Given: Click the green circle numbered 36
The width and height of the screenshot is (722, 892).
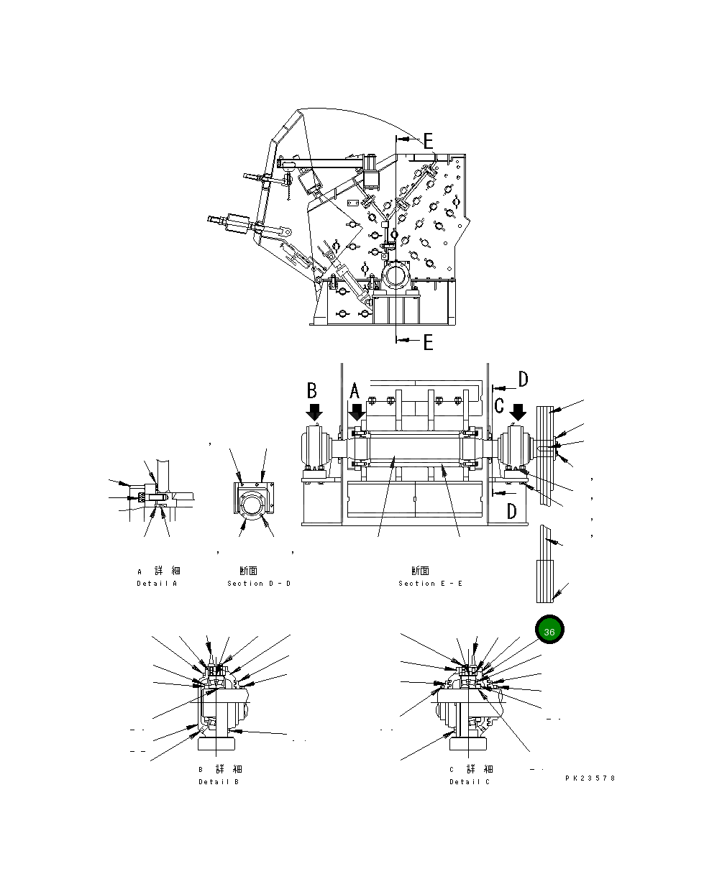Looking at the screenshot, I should point(549,630).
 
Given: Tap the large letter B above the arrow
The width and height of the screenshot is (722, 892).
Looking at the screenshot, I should point(312,390).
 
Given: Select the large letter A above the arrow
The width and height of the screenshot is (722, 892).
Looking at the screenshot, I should point(354,392).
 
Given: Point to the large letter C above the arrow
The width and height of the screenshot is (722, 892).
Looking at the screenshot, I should point(499,405).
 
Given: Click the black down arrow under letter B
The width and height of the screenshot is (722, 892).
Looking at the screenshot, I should point(314,413).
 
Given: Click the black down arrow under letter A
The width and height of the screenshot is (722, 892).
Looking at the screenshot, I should point(357,413).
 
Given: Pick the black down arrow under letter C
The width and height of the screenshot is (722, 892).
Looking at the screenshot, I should point(518,413).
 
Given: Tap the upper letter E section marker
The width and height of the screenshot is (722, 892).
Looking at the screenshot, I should point(428,141).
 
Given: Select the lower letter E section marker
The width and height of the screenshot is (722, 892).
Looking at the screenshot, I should point(428,342).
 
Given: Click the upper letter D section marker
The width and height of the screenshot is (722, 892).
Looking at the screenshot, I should point(523,379).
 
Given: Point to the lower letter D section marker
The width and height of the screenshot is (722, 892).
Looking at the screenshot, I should point(511,511).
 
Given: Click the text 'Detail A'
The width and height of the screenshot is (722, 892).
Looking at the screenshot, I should point(157,583).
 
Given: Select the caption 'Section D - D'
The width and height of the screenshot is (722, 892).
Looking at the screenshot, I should point(259,583).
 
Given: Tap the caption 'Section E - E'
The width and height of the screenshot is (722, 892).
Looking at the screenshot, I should point(430,583).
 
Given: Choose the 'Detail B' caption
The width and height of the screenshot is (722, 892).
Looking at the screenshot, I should point(219,781).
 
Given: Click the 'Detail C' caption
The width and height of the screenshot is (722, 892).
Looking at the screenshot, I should point(470,781).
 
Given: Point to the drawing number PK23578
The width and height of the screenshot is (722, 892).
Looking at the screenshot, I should point(590,778).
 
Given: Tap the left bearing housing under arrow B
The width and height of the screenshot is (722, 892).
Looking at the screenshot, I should point(314,450).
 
